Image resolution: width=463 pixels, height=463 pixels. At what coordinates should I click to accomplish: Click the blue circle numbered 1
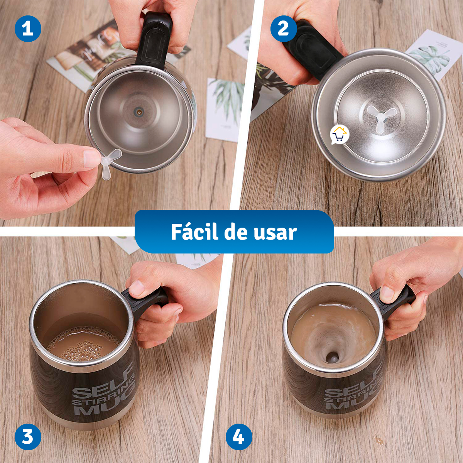click(x=28, y=28)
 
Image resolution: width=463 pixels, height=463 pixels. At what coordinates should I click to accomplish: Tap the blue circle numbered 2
click(x=284, y=28)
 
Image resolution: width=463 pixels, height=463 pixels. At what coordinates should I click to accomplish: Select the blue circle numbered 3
click(x=28, y=437)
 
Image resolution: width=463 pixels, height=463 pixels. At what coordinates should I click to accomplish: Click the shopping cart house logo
click(x=339, y=135)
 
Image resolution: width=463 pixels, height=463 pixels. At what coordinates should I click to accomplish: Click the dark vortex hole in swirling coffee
click(x=333, y=357)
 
